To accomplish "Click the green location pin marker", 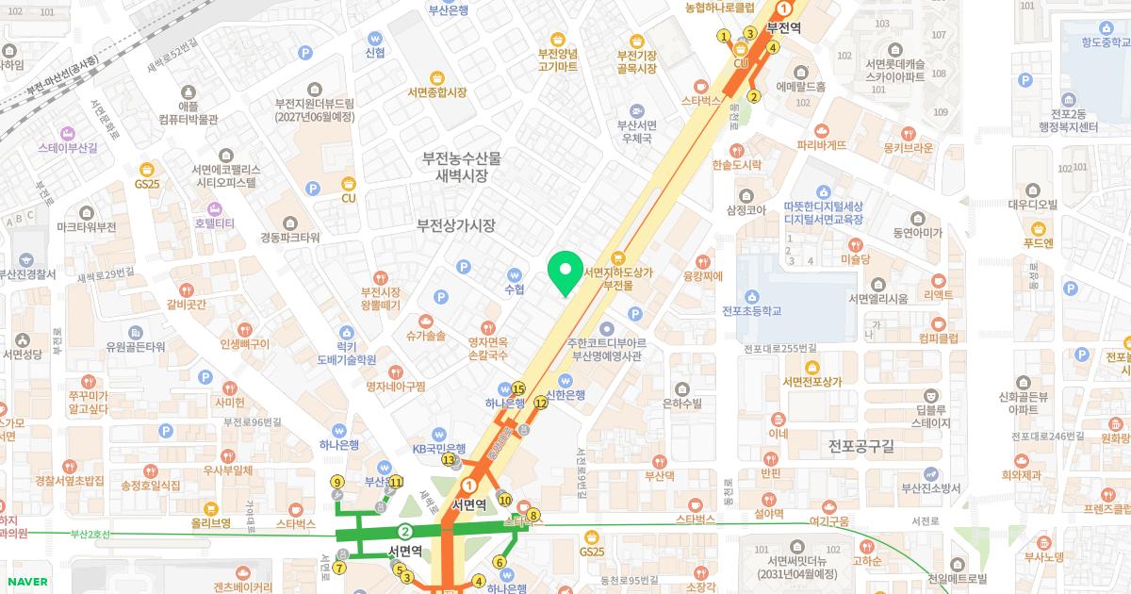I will [565, 274].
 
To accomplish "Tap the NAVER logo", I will [25, 582].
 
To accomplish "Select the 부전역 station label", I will [783, 28].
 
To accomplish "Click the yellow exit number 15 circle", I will [518, 388].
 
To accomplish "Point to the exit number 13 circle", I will [449, 460].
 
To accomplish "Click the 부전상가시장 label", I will [456, 226].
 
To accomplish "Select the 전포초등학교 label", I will [752, 310].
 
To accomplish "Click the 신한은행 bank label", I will [566, 395].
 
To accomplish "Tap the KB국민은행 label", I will [439, 448].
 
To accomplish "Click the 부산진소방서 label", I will [930, 487].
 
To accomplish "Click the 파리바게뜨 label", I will [821, 145].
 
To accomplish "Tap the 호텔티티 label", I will [214, 223].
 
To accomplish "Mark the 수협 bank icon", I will [515, 272].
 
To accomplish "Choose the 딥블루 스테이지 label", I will [931, 417].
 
